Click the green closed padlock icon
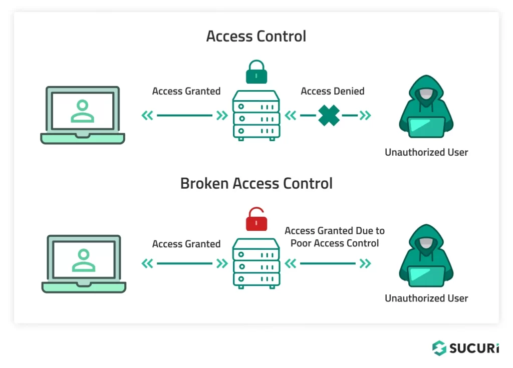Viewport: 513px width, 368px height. (x=256, y=72)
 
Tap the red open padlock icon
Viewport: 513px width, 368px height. (x=256, y=219)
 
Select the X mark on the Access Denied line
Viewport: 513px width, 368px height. (x=329, y=115)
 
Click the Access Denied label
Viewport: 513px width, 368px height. (x=333, y=91)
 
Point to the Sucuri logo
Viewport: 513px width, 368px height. (x=465, y=347)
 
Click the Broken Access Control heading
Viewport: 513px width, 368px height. (x=256, y=183)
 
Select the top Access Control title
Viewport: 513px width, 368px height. (x=256, y=36)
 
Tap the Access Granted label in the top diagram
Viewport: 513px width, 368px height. (x=186, y=91)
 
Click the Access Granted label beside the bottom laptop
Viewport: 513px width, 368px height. (x=186, y=244)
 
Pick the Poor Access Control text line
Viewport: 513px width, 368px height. (x=335, y=243)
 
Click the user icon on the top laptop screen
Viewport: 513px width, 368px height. (x=83, y=111)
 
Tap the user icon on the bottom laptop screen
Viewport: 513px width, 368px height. (x=84, y=260)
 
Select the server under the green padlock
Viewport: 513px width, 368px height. (x=256, y=116)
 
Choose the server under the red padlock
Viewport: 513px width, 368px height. (x=256, y=264)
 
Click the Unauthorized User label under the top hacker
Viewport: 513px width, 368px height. (x=426, y=152)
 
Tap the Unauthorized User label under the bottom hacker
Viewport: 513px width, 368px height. (x=426, y=298)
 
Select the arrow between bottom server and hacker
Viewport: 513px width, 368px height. (x=328, y=263)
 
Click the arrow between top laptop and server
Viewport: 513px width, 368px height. (x=184, y=115)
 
